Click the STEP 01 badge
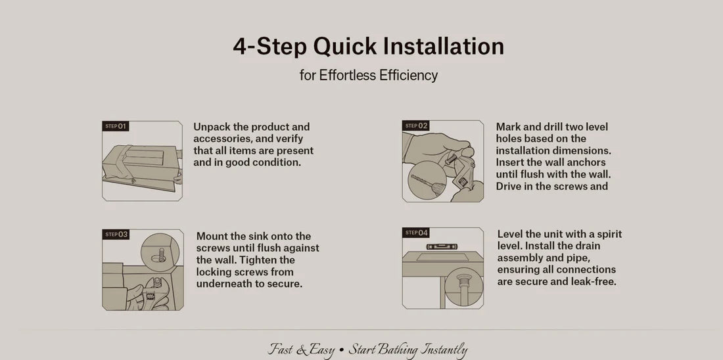(116, 126)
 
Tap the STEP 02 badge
(415, 126)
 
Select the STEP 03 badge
(116, 234)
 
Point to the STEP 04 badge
(415, 233)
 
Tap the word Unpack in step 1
(212, 127)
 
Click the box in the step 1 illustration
(141, 165)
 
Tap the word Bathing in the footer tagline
(400, 349)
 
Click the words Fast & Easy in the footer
(302, 349)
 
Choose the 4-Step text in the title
(269, 47)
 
